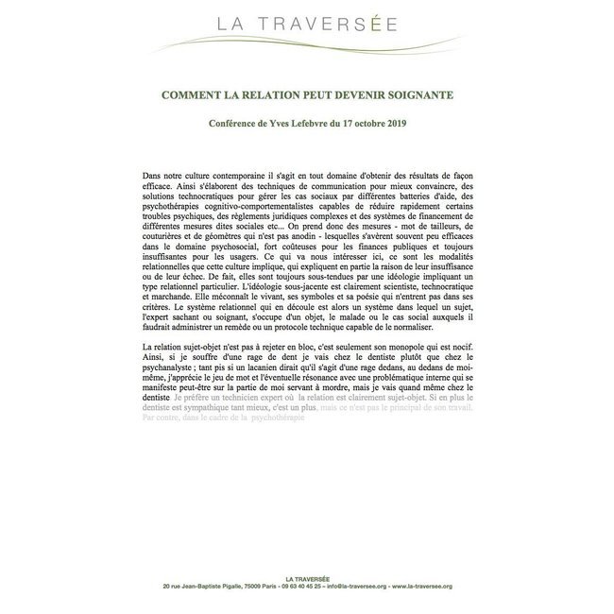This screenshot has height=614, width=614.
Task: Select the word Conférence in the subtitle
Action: pyautogui.click(x=236, y=123)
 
